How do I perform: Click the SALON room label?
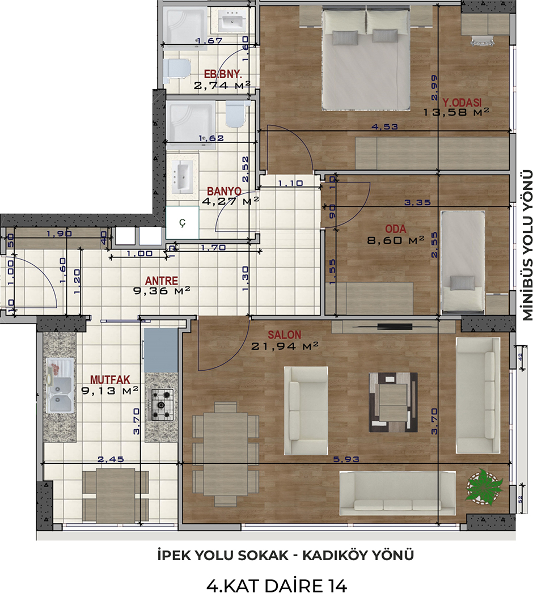tap(285, 335)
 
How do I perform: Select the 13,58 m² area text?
tap(456, 112)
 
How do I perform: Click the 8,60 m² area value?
tap(396, 240)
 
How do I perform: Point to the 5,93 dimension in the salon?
tap(346, 459)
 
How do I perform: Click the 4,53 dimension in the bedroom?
tap(384, 126)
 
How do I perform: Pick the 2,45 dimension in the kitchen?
tap(111, 459)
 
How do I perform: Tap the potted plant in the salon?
tap(484, 487)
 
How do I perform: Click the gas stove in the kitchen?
tap(162, 405)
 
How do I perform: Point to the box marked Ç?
tap(183, 223)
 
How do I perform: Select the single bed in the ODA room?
tap(463, 261)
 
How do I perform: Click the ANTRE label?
tap(162, 281)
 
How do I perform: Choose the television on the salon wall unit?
tap(395, 327)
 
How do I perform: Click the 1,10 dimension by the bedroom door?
tap(290, 183)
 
